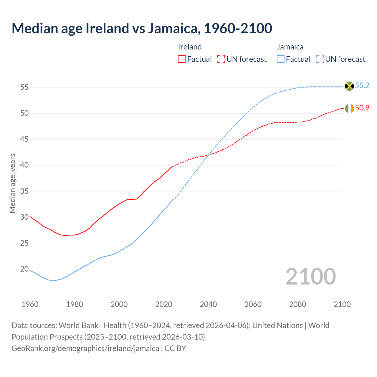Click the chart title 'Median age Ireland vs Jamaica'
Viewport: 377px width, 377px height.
coord(142,28)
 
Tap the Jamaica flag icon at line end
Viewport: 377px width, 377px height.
coord(349,86)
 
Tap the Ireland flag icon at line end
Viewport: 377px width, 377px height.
coord(349,108)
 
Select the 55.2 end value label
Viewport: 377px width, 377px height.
coord(362,86)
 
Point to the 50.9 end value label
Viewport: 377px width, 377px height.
coord(362,108)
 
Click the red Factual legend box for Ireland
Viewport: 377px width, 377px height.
coord(182,59)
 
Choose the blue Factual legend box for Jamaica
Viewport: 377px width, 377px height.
coord(281,59)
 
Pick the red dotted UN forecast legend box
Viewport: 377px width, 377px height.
coord(221,59)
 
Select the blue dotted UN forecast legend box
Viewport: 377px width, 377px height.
coord(320,59)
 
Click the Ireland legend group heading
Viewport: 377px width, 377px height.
coord(190,47)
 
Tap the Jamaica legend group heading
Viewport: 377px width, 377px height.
coord(290,47)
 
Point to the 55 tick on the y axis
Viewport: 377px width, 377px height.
coord(24,87)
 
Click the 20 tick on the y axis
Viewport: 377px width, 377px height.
coord(24,269)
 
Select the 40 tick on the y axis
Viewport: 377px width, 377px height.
coord(24,165)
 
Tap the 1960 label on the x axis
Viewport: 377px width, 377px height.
coord(30,304)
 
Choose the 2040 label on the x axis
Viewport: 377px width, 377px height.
coord(208,304)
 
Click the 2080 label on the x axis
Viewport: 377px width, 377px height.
coord(297,304)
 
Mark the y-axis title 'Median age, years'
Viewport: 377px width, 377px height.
coord(12,183)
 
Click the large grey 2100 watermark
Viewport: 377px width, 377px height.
coord(310,277)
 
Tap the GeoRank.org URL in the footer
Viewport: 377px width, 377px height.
coord(85,348)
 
